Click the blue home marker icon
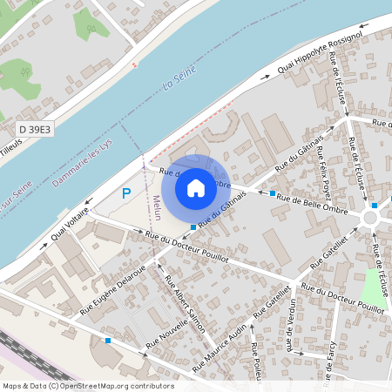[196, 187]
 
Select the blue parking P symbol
[126, 193]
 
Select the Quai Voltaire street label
[71, 222]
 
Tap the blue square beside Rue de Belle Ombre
[273, 193]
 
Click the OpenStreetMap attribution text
[88, 386]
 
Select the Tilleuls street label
[10, 145]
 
